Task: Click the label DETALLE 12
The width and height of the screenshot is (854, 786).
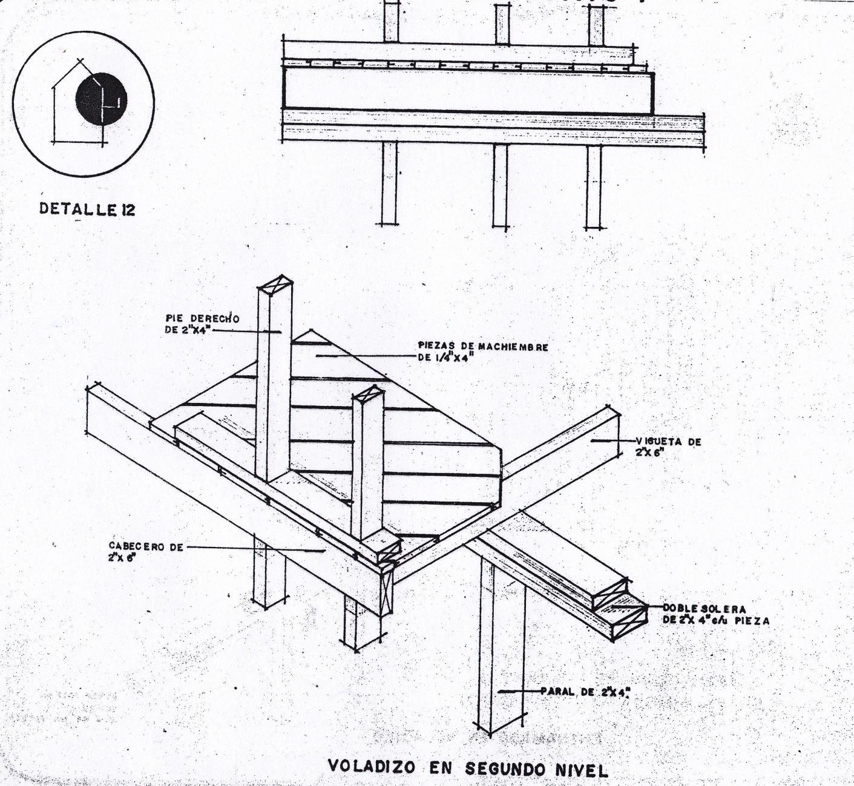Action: pyautogui.click(x=87, y=209)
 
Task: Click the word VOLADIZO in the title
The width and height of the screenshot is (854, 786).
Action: pyautogui.click(x=372, y=766)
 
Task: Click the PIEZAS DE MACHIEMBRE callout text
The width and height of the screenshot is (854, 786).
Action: pyautogui.click(x=482, y=351)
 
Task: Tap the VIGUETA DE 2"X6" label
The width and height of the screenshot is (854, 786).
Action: pyautogui.click(x=668, y=446)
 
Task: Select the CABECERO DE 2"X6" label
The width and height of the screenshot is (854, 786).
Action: pyautogui.click(x=145, y=551)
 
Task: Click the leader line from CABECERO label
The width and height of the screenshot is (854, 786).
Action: pyautogui.click(x=254, y=548)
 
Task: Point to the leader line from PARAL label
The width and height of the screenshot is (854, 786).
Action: pyautogui.click(x=519, y=690)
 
